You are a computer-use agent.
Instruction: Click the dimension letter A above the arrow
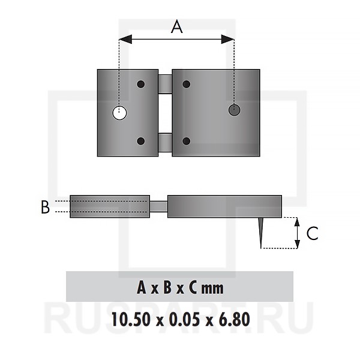click(x=177, y=26)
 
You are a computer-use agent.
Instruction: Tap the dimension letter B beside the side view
click(x=45, y=207)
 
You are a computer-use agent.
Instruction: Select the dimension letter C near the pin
click(x=312, y=233)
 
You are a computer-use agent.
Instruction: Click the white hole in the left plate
click(x=119, y=113)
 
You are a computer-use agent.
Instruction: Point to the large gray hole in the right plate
click(x=234, y=110)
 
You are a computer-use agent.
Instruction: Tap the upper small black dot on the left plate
click(x=141, y=84)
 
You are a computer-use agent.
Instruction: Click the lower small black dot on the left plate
click(x=141, y=141)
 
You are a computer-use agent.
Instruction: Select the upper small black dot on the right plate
click(x=186, y=84)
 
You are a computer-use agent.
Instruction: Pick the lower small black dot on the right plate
click(x=186, y=141)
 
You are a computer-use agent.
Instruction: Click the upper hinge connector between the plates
click(x=165, y=84)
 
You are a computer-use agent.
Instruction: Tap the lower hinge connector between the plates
click(x=165, y=143)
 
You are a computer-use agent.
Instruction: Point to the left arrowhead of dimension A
click(x=125, y=39)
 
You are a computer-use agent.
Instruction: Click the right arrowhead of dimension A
click(x=227, y=39)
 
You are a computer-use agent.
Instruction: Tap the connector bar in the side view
click(x=158, y=206)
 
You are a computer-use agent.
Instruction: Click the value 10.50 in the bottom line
click(x=131, y=319)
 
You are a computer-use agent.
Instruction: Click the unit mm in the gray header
click(x=212, y=289)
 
